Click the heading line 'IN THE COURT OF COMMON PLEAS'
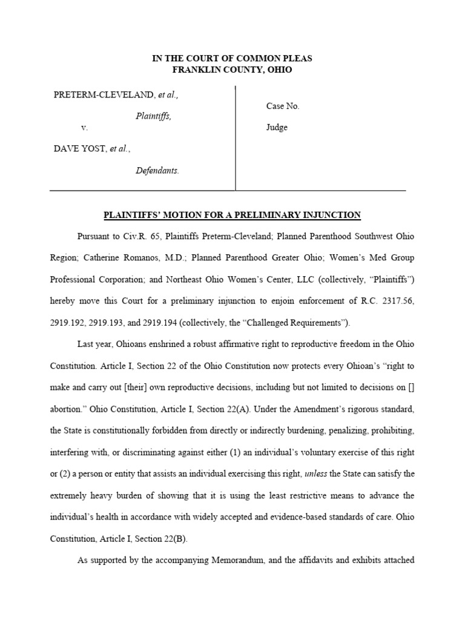tap(232, 59)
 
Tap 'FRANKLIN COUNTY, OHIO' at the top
tap(232, 70)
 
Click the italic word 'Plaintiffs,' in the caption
tap(153, 116)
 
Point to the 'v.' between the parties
tap(84, 128)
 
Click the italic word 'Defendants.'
tap(157, 171)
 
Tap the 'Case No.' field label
tap(283, 106)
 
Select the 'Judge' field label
tap(277, 128)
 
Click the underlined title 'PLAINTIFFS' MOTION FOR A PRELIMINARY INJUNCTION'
tap(232, 215)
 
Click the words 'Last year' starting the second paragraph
tap(95, 344)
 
